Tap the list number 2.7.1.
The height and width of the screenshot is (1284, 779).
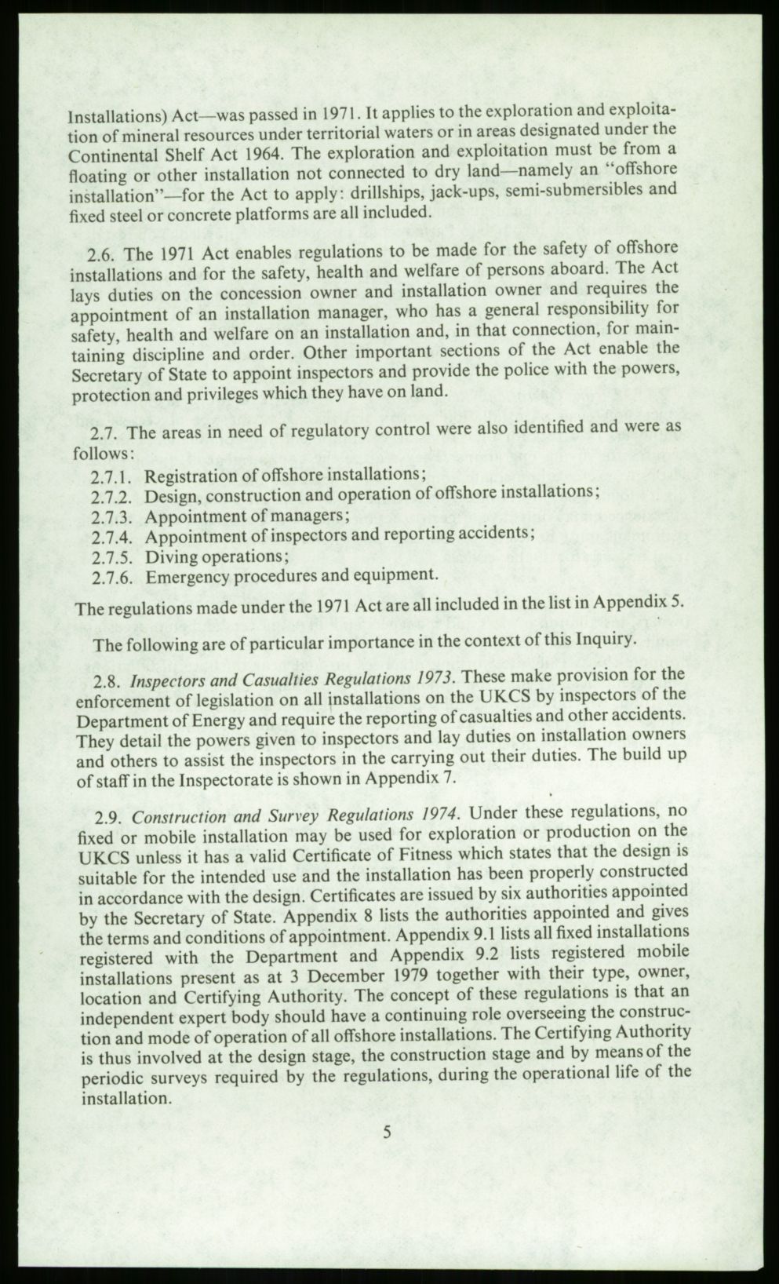115,477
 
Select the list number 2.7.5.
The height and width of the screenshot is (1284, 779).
115,558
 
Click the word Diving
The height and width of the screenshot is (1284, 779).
173,557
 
